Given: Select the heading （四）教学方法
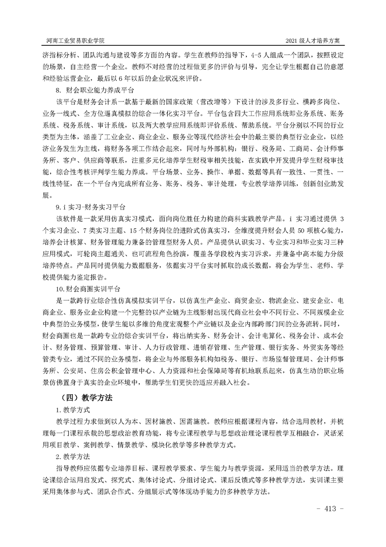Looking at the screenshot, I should tap(85, 397).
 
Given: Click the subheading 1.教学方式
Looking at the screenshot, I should tap(69, 410).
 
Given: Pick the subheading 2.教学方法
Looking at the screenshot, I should tap(69, 457).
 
